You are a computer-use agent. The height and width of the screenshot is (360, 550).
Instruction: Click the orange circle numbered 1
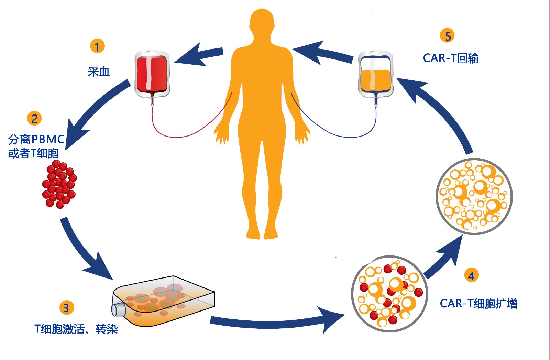point(97,46)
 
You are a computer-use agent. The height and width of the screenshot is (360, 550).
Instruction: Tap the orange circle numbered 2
point(34,119)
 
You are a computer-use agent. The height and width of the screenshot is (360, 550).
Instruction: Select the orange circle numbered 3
point(66,308)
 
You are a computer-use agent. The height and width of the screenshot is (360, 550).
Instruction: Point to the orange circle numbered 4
point(471,275)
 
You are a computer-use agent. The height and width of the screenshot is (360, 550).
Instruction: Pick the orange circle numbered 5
point(447,36)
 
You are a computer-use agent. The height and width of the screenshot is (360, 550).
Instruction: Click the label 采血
point(99,72)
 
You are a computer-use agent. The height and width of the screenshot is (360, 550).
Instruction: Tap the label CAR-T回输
point(451,58)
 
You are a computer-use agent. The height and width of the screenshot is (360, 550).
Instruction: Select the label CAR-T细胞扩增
point(478,304)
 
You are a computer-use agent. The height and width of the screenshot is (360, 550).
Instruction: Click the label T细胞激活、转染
point(76,329)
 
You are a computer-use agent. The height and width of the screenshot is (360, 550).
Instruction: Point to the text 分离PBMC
point(36,139)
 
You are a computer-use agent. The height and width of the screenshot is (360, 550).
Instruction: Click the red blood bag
point(152,74)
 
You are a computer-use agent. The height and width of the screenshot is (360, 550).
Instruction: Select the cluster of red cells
point(59,184)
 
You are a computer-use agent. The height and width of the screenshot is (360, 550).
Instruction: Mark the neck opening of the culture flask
point(118,309)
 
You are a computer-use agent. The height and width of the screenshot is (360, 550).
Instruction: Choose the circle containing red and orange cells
point(389,294)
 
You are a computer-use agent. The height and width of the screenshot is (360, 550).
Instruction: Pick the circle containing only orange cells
point(474,196)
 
